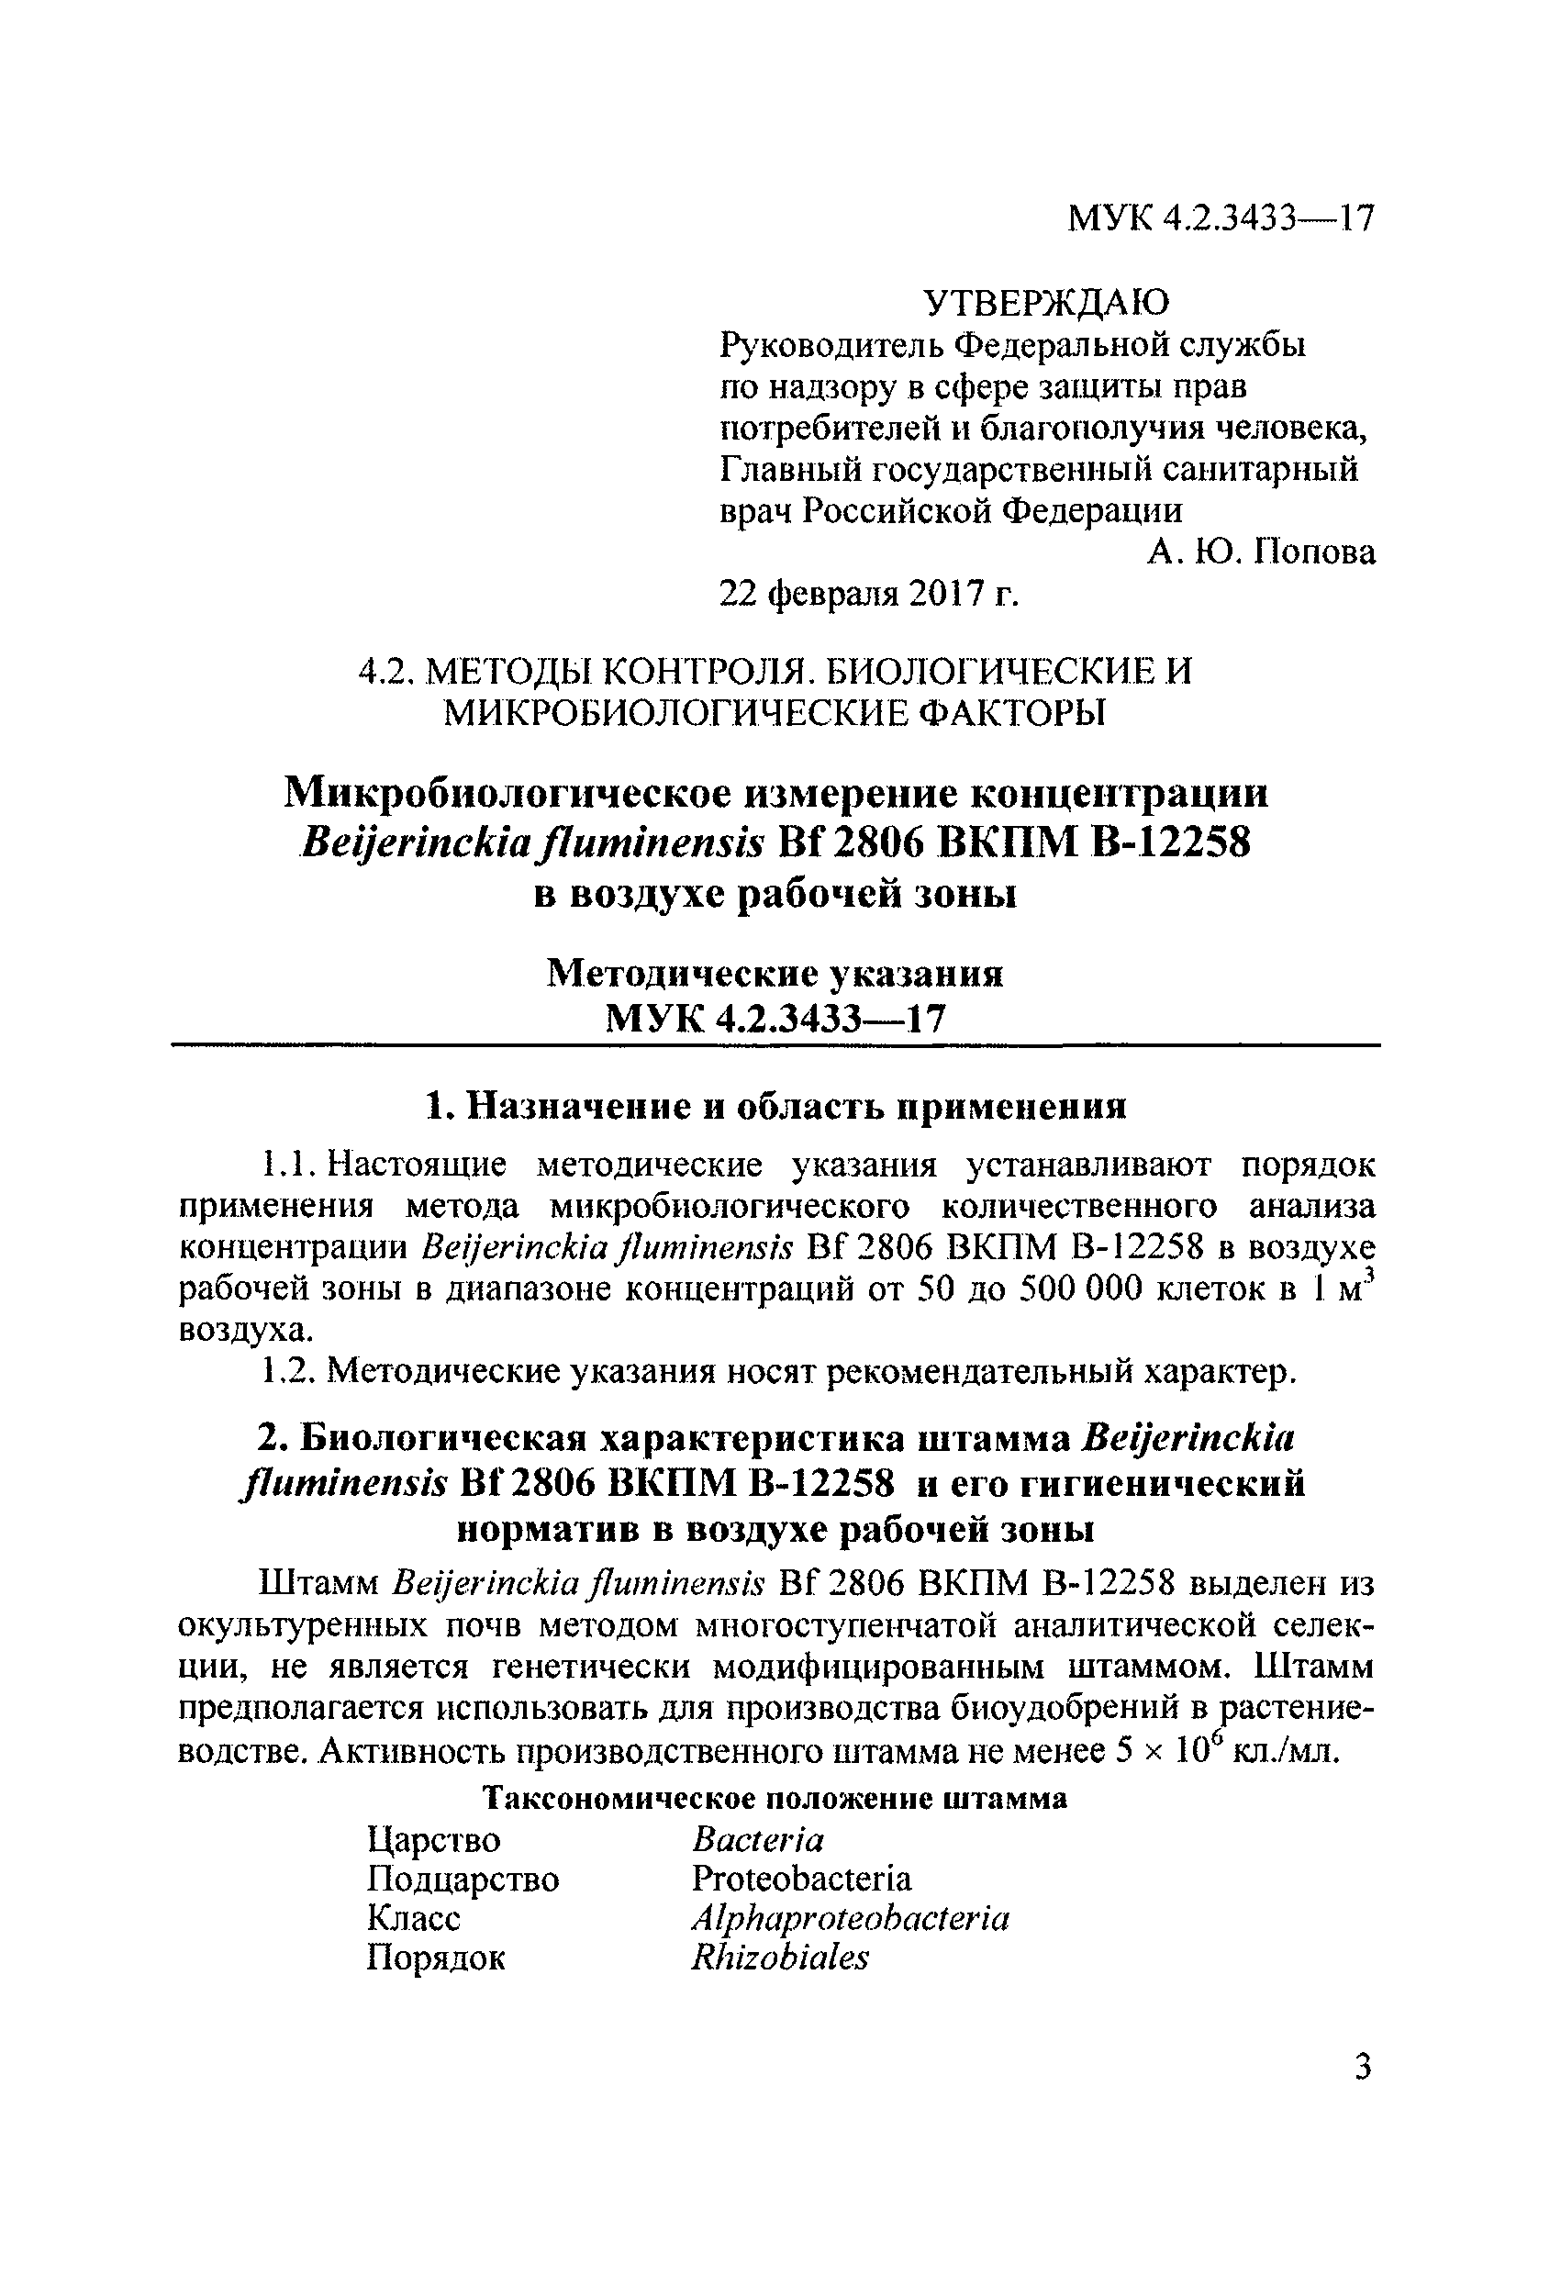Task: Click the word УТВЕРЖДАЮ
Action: (1047, 304)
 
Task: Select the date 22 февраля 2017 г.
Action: (870, 595)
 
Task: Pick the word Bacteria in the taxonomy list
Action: (758, 1840)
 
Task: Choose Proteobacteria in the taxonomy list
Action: (801, 1879)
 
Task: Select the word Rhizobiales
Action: (779, 1957)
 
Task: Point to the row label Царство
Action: (434, 1840)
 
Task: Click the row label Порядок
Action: (436, 1958)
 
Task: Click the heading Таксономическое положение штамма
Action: (776, 1799)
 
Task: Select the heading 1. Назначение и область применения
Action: (776, 1107)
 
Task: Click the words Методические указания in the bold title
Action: (775, 974)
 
